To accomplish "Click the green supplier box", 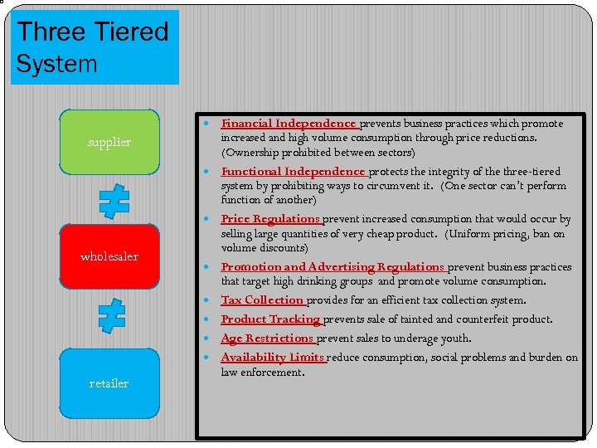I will (x=109, y=142).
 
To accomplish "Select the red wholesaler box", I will (x=109, y=256).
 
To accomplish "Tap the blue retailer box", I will (x=109, y=382).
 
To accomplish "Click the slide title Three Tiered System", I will (x=93, y=47).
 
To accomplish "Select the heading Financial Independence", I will (x=288, y=124).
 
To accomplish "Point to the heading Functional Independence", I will (x=293, y=172).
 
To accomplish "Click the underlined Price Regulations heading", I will (x=270, y=219).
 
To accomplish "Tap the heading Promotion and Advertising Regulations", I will (x=333, y=267).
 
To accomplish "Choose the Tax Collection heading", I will (x=262, y=300).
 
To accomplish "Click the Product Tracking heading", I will (x=270, y=319).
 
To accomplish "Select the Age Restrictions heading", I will (x=267, y=338).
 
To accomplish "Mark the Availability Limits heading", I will (x=273, y=358).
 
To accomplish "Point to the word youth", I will (x=456, y=338).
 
